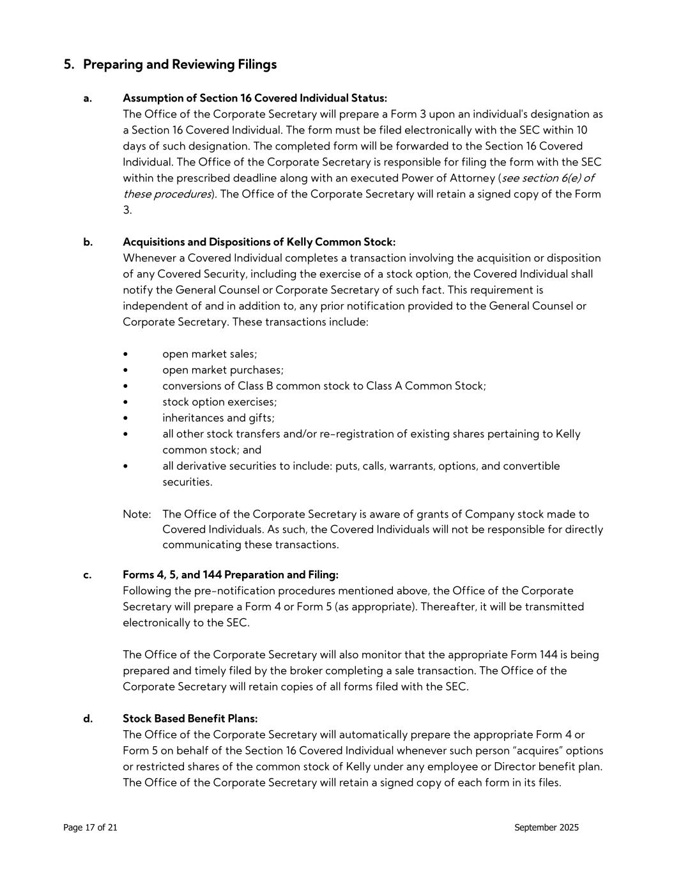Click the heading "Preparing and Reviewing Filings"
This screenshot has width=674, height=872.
tap(180, 65)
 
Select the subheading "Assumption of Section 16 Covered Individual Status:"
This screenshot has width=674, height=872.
tap(254, 98)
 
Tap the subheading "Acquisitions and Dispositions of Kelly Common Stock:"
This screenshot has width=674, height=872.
tap(259, 242)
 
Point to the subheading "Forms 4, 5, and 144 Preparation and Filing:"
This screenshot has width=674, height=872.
tap(231, 575)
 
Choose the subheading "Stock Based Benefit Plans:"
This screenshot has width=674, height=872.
tap(190, 719)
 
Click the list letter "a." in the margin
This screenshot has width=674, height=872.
tap(88, 98)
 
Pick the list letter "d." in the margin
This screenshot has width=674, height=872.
tap(88, 719)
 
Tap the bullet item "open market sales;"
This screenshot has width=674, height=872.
tap(210, 354)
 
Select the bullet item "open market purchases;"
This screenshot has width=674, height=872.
tap(223, 370)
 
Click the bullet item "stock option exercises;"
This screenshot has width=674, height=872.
tap(219, 402)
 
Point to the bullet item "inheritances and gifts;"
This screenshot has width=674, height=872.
tap(218, 418)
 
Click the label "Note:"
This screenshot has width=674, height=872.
tap(137, 514)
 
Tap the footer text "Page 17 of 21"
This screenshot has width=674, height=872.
tap(90, 828)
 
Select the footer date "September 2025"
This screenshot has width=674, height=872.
tap(546, 828)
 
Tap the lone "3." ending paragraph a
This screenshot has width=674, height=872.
tap(127, 210)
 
